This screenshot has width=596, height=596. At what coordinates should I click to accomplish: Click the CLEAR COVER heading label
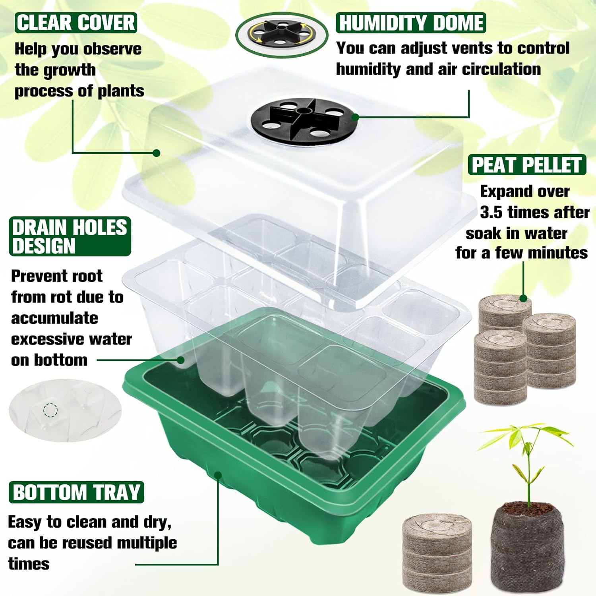(76, 23)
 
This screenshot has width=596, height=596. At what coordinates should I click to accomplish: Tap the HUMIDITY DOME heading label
(411, 23)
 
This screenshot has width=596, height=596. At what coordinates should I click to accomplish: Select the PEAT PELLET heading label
(527, 164)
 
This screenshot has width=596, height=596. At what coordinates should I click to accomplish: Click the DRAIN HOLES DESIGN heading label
(70, 236)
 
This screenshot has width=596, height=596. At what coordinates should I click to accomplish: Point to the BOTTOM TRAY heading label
(76, 492)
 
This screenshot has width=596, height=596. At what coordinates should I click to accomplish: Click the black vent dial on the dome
(304, 120)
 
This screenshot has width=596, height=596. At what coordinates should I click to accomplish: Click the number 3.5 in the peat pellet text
(491, 212)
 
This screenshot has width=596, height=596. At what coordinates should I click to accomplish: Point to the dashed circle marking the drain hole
(50, 410)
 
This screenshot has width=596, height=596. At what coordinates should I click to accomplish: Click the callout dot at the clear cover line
(157, 153)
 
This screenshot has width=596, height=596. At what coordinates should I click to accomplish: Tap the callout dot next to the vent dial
(355, 117)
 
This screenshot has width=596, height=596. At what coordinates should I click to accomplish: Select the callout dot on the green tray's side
(218, 475)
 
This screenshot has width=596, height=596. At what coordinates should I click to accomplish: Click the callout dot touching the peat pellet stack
(523, 298)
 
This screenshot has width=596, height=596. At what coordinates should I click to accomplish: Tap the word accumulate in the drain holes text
(54, 318)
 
